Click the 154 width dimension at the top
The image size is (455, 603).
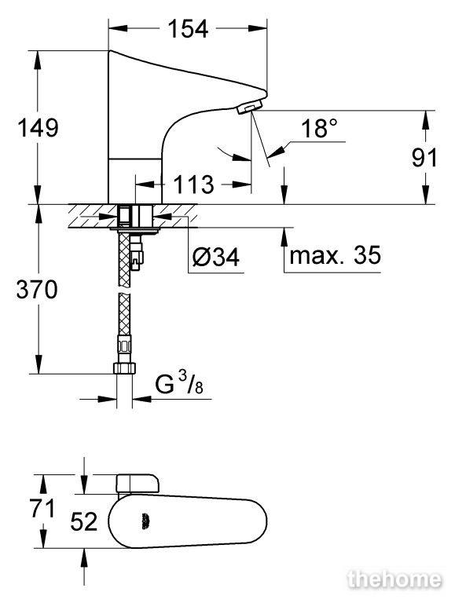tap(188, 28)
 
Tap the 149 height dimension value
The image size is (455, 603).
tap(38, 128)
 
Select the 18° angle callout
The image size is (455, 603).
tap(319, 128)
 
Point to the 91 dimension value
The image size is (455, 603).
tap(424, 158)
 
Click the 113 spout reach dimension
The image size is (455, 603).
tap(193, 185)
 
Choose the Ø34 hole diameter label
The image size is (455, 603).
tap(215, 257)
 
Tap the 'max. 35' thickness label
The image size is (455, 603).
tap(336, 255)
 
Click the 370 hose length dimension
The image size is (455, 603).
tap(37, 289)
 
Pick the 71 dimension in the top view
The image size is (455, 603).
tap(42, 509)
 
